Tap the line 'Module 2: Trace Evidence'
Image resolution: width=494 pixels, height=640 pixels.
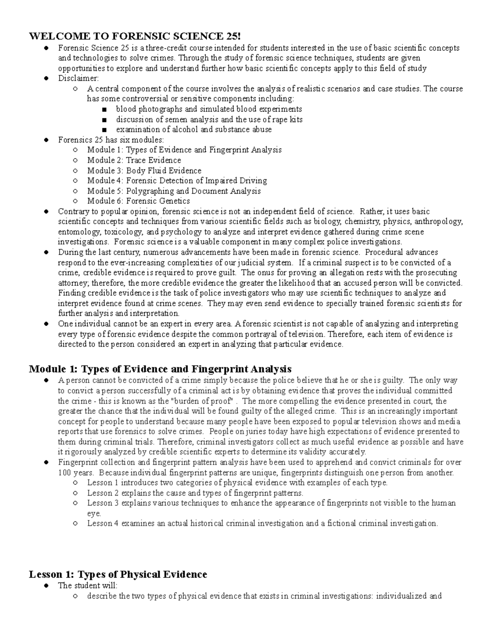pyautogui.click(x=134, y=160)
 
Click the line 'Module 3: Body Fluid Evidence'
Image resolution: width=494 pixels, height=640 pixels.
pyautogui.click(x=144, y=171)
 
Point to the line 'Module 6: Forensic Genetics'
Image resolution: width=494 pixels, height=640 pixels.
pyautogui.click(x=138, y=201)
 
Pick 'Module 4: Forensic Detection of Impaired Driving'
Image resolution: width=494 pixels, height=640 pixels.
pyautogui.click(x=177, y=181)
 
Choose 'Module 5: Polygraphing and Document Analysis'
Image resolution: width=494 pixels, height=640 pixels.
pyautogui.click(x=174, y=191)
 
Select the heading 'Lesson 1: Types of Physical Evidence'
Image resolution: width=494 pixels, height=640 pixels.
pyautogui.click(x=118, y=574)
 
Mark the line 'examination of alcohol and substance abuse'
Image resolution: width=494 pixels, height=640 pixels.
pyautogui.click(x=193, y=129)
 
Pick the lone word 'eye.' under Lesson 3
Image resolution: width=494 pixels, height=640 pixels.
pyautogui.click(x=94, y=513)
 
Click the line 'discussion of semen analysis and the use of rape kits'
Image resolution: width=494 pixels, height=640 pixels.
pyautogui.click(x=209, y=120)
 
